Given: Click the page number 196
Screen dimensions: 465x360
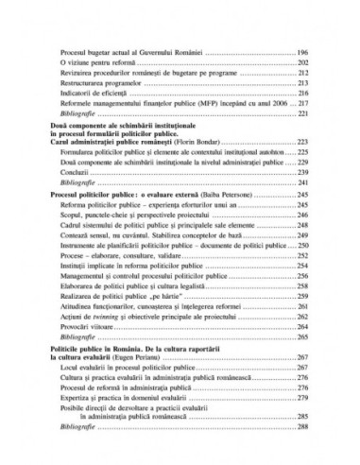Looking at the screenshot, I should click(301, 55).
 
